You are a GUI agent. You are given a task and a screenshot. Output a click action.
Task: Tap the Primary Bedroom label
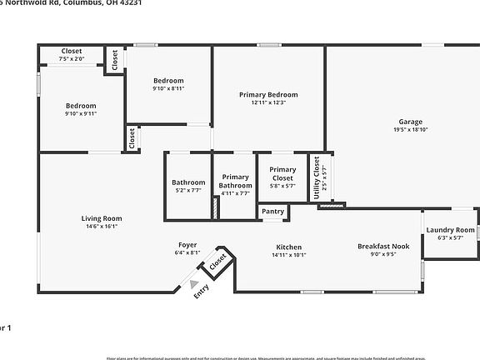tap(268, 95)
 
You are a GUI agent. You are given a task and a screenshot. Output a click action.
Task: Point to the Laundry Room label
tap(450, 230)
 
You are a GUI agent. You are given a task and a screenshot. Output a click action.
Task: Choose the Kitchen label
tap(289, 247)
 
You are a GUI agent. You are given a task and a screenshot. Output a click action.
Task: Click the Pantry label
tap(272, 212)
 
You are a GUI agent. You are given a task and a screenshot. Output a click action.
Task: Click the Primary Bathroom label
tap(235, 181)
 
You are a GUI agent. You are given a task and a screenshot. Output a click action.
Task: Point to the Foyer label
tap(187, 245)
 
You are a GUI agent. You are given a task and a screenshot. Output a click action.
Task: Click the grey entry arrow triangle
tap(194, 284)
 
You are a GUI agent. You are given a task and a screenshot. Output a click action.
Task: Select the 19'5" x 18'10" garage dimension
tap(411, 130)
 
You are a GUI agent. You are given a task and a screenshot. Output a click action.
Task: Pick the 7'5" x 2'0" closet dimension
tap(72, 59)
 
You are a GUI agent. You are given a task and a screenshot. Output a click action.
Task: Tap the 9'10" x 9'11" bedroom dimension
tap(82, 114)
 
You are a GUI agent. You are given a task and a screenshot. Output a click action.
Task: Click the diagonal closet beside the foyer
tap(217, 262)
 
